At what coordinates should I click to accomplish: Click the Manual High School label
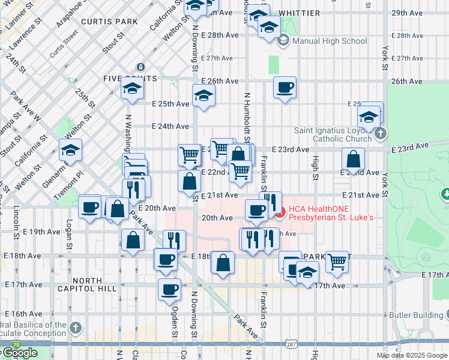click(329, 41)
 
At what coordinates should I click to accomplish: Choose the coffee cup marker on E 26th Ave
click(285, 88)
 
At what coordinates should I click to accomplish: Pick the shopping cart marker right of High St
click(337, 261)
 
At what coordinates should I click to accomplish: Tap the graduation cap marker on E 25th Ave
click(203, 95)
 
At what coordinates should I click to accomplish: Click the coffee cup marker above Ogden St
click(169, 289)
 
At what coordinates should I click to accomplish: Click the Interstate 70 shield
click(16, 345)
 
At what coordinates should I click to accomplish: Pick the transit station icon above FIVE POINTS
click(140, 67)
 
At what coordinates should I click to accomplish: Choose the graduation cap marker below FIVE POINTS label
click(131, 89)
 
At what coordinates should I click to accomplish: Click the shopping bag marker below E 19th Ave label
click(132, 240)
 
